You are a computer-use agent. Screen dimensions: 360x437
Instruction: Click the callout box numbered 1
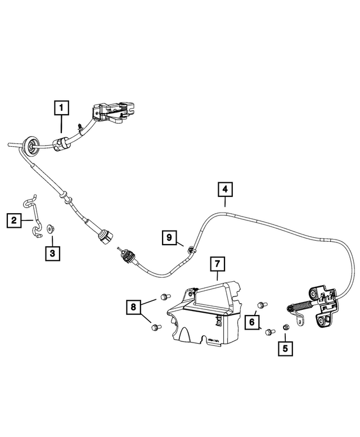point(61,108)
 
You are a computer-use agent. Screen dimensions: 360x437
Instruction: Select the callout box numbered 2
point(14,220)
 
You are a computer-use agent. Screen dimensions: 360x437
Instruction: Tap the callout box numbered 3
point(52,254)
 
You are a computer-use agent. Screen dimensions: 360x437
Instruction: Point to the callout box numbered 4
point(225,190)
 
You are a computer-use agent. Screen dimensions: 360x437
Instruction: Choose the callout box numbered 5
point(285,349)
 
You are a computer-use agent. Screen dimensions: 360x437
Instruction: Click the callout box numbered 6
point(252,322)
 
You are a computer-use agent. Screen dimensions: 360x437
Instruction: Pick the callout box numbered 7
point(217,263)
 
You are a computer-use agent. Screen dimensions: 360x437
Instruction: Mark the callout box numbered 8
point(133,307)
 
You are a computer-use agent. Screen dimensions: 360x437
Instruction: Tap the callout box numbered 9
point(169,238)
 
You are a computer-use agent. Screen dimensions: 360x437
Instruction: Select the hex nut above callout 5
point(285,327)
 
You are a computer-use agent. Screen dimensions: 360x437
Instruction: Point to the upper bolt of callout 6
point(262,305)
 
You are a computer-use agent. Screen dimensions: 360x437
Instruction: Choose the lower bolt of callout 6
point(270,332)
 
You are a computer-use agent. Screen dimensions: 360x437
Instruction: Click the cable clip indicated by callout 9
point(190,249)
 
